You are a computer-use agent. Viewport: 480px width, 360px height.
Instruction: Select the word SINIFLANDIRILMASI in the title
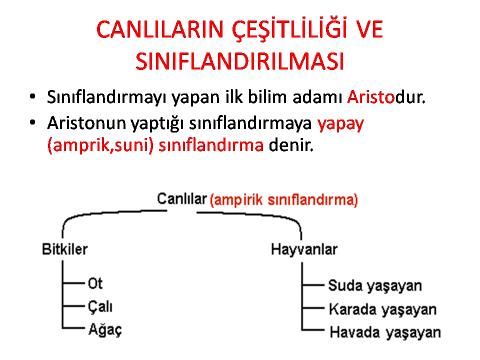240,61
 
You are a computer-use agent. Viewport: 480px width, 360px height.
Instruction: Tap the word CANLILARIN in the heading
160,29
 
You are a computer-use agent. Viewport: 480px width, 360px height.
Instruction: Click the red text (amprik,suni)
100,145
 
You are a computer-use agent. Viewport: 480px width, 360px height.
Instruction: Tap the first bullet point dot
32,96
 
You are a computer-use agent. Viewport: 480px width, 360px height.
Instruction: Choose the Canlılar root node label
182,199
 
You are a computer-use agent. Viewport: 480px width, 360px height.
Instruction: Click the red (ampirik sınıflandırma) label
284,200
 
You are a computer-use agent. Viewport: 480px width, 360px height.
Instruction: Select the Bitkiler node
64,249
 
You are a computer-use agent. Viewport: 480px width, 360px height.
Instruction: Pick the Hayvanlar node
304,249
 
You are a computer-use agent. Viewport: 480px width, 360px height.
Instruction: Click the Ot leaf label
95,283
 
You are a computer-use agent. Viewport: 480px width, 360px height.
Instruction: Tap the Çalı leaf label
100,306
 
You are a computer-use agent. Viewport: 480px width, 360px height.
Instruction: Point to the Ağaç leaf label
105,329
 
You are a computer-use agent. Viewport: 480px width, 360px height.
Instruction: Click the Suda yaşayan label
375,286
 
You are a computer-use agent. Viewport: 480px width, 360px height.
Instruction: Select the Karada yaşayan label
382,309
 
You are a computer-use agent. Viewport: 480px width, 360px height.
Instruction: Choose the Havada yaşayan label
385,333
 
